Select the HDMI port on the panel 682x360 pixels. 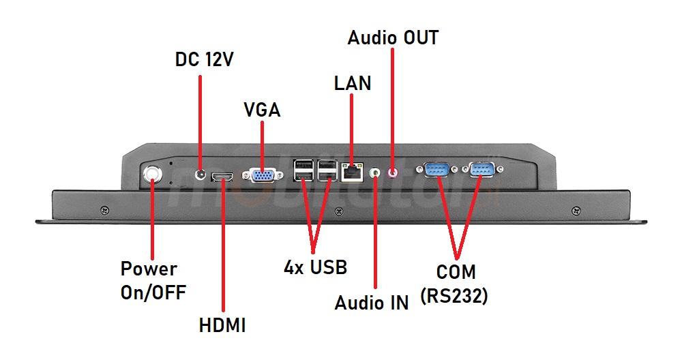[222, 177]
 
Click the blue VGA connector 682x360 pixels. [263, 176]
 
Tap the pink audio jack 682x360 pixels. [393, 173]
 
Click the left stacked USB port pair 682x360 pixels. [302, 171]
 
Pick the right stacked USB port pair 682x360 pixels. [327, 171]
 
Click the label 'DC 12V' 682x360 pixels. [205, 59]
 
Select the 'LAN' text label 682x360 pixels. [353, 83]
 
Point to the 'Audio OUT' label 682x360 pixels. [393, 37]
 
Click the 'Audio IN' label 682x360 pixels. [372, 303]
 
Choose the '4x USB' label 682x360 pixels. [315, 267]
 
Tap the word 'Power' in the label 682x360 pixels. [149, 269]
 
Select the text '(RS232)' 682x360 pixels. [454, 297]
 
